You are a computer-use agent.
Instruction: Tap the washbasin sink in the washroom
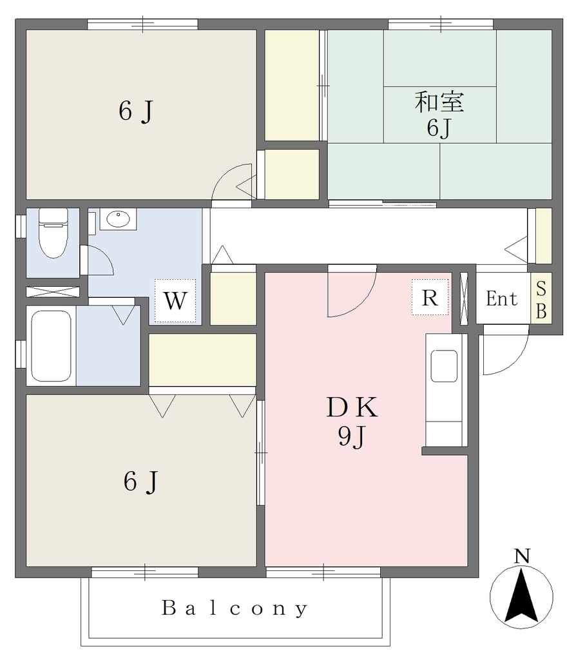point(119,219)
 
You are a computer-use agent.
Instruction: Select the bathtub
point(51,345)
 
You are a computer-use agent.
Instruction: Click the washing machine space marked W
point(175,300)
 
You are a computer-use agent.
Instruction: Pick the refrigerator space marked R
point(430,297)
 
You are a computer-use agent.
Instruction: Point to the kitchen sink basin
point(445,366)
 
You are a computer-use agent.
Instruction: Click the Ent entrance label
point(501,299)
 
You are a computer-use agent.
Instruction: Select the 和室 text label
point(439,102)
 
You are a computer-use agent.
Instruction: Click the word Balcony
point(235,608)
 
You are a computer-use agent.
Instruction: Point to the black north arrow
point(521,595)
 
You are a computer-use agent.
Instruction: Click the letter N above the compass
point(522,556)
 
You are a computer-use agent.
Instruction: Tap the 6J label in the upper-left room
point(135,112)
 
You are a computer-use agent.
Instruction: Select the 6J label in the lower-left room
point(140,481)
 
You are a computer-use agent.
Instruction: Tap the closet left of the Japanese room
point(292,86)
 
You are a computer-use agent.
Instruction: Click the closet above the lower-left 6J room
point(202,360)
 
